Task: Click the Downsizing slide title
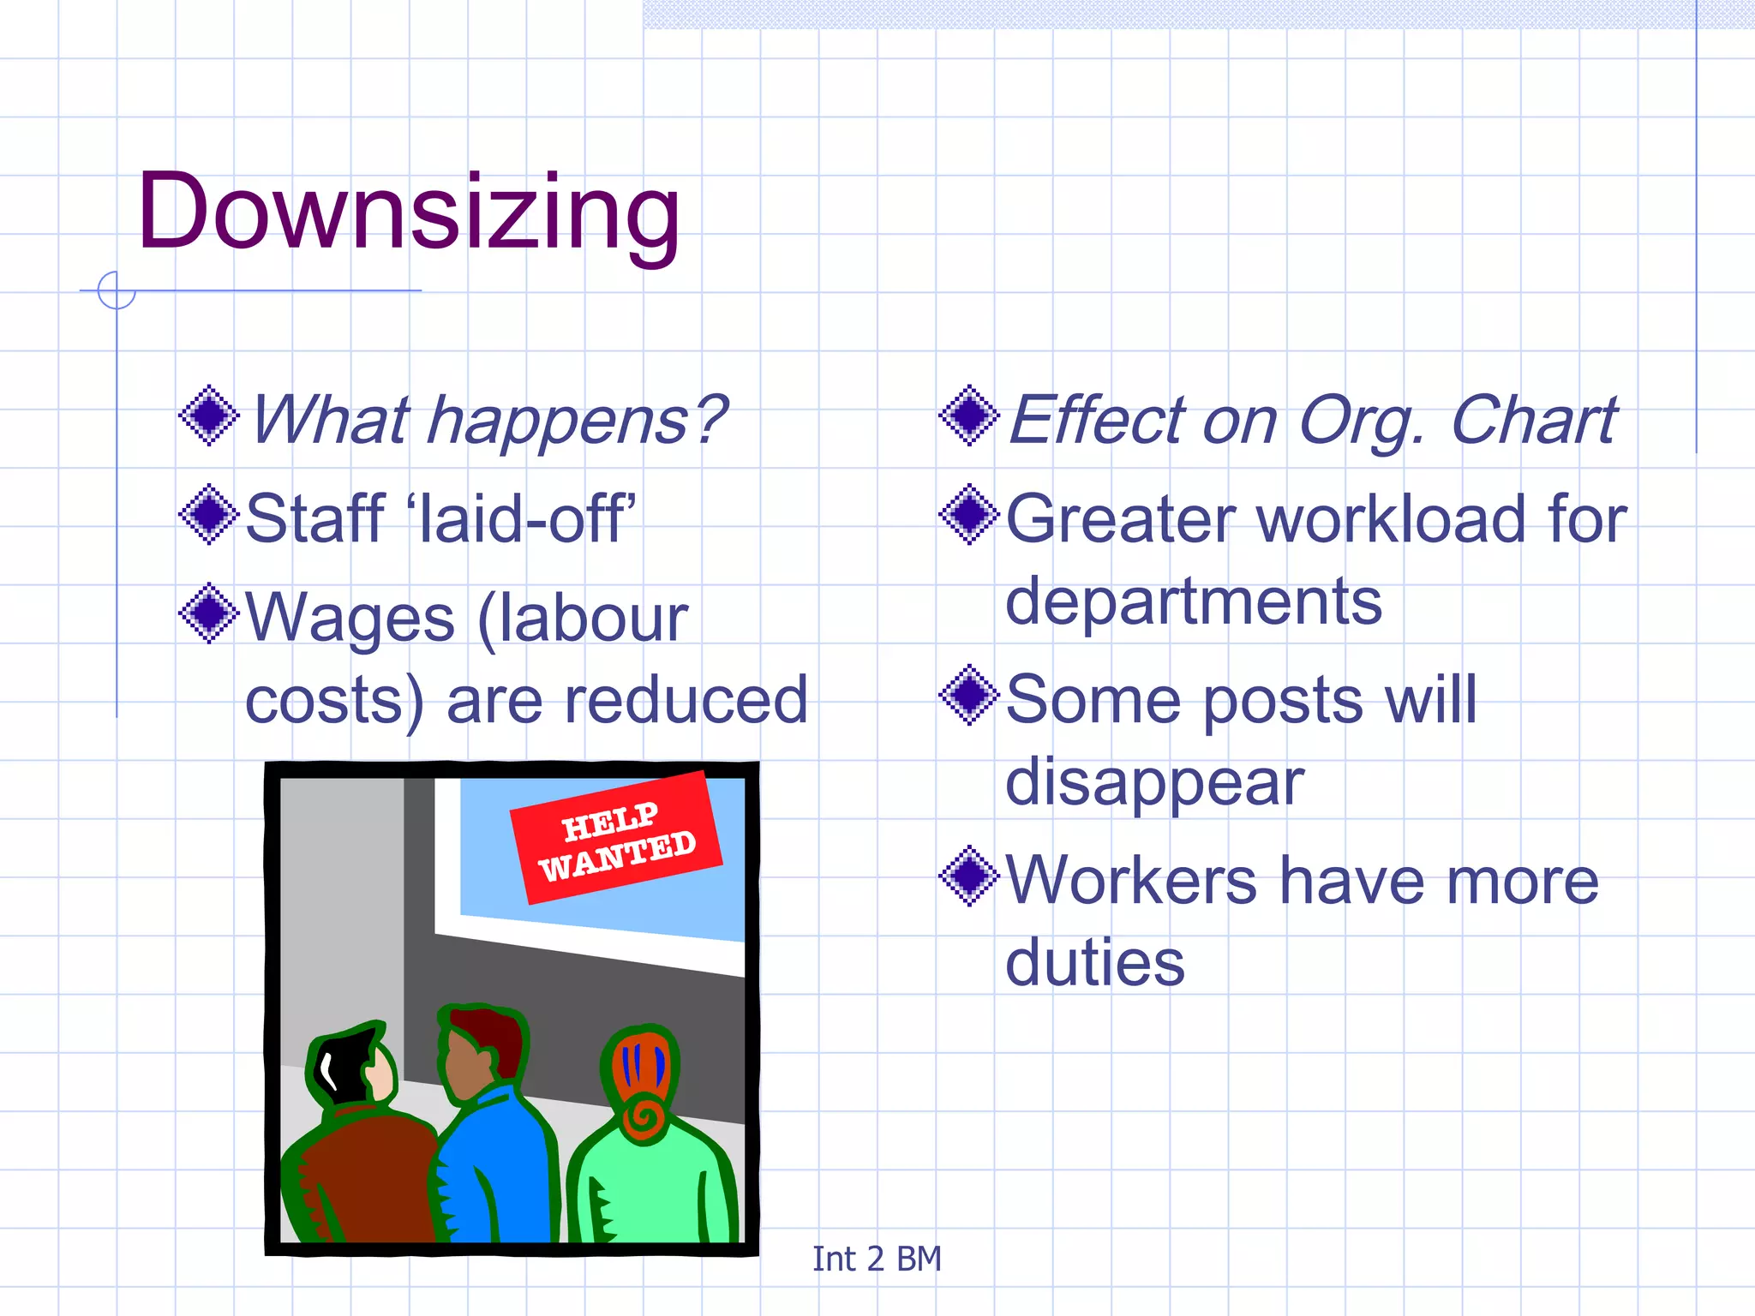409,212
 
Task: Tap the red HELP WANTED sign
615,837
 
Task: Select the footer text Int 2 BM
877,1259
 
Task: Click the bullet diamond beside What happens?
208,416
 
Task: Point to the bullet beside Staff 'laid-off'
208,515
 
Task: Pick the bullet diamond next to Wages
208,613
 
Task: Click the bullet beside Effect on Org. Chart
969,416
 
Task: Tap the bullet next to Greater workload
969,515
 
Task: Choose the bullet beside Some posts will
969,695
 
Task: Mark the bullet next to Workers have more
969,876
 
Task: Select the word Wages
350,619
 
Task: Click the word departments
1193,602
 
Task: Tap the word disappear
1154,783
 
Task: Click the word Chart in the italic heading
1534,421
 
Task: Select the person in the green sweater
650,1148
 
